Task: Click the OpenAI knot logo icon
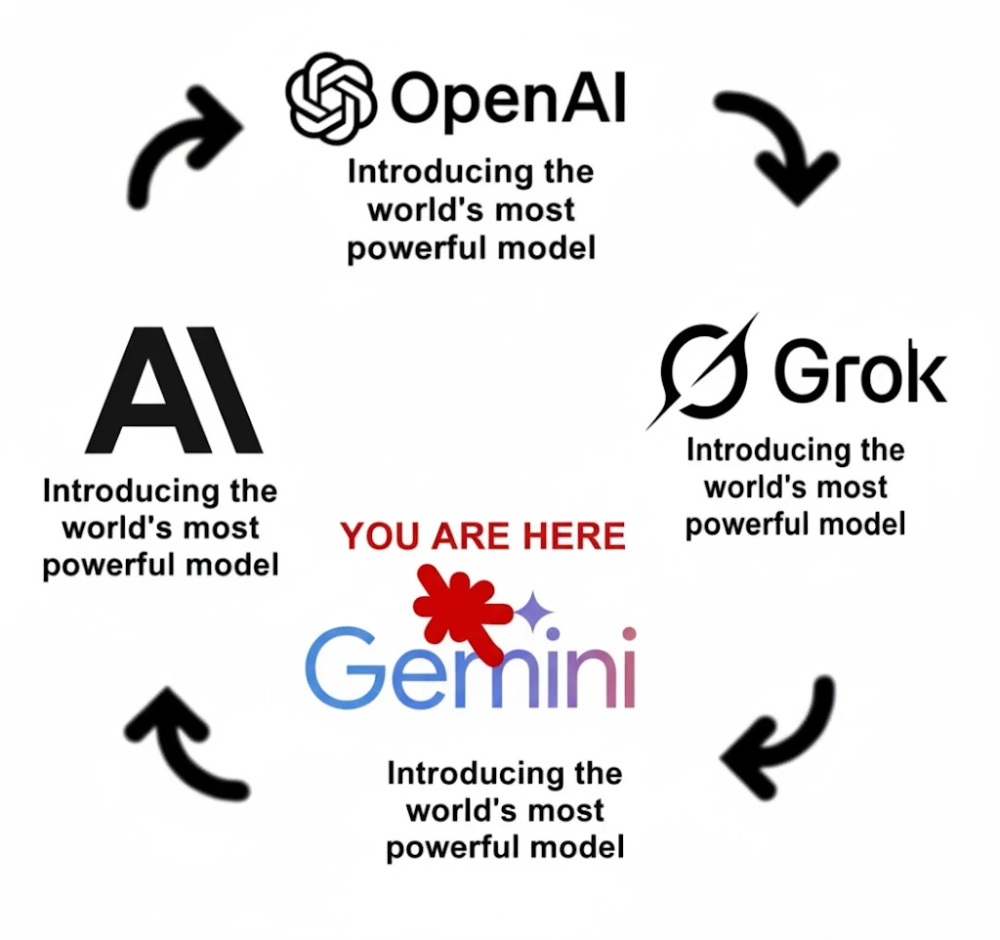[x=331, y=97]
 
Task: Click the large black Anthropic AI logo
[x=173, y=392]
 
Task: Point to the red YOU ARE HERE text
[x=482, y=536]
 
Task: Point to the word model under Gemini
[x=577, y=846]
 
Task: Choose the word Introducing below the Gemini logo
[x=463, y=774]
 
